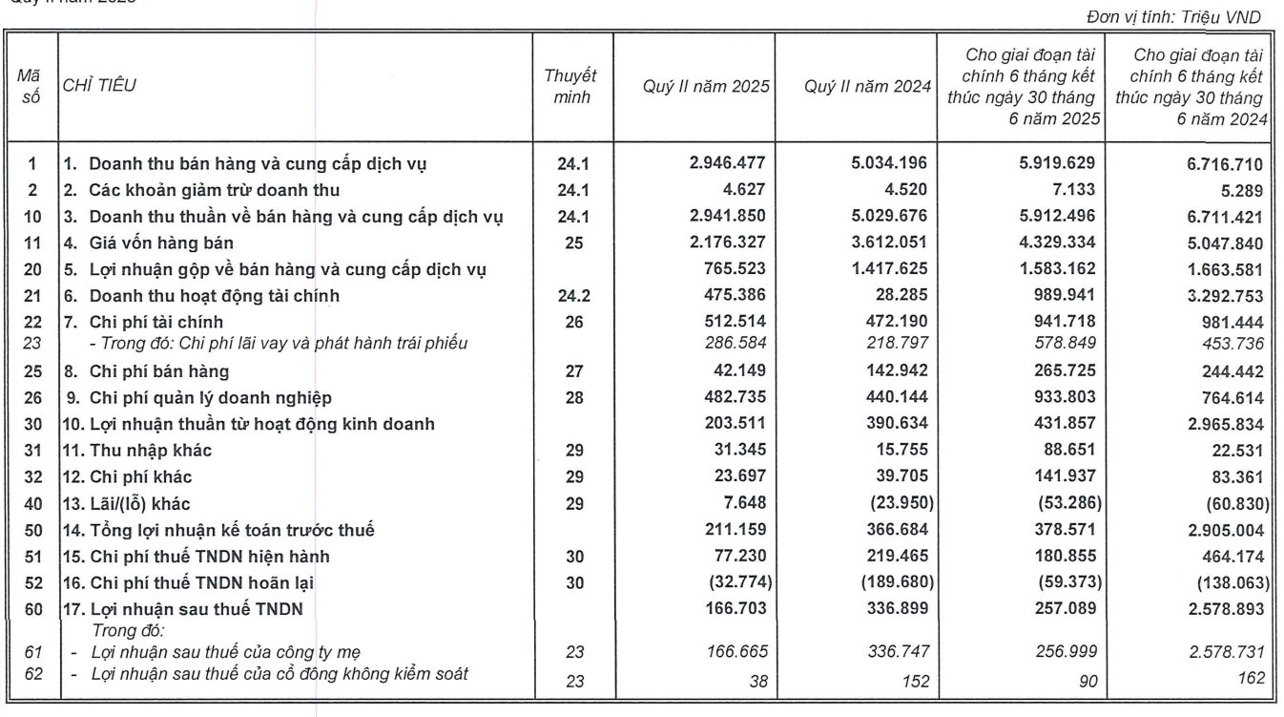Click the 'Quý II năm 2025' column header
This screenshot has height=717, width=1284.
(x=706, y=87)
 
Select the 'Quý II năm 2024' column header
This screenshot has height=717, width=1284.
(x=867, y=87)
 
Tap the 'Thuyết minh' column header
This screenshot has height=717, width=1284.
(x=570, y=87)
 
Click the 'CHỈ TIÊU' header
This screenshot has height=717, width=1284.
(x=99, y=86)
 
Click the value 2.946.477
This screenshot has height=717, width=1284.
(x=727, y=163)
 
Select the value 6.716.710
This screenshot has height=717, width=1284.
(x=1227, y=164)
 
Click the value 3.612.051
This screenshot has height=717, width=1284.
(x=888, y=243)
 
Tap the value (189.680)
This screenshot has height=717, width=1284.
(x=888, y=582)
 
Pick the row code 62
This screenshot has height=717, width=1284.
(x=31, y=675)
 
